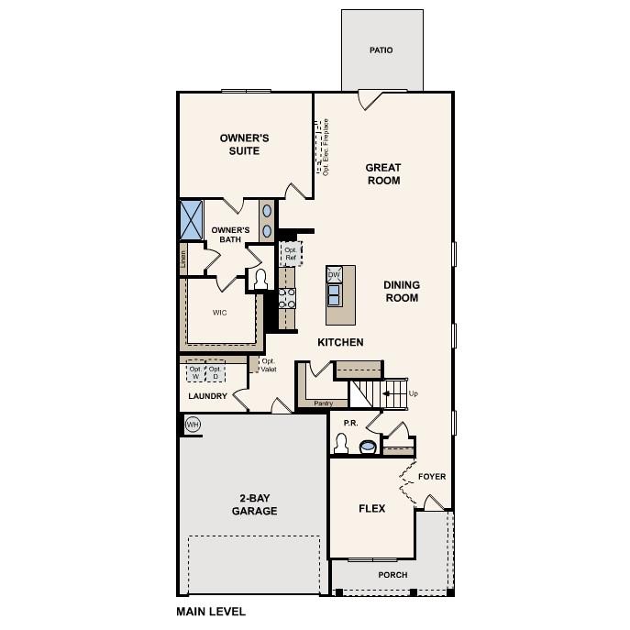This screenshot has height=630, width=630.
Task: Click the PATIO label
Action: (x=381, y=50)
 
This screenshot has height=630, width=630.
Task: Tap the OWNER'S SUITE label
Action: (x=245, y=144)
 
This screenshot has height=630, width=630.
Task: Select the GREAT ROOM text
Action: (x=383, y=173)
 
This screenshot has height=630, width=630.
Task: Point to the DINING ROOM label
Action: (x=401, y=292)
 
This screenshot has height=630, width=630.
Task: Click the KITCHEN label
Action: (x=340, y=342)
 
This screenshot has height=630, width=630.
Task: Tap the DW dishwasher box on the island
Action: (x=335, y=274)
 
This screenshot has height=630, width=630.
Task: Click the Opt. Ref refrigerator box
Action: (x=290, y=254)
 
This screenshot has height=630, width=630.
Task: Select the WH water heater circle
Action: (x=193, y=424)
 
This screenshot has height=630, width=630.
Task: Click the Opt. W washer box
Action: (x=195, y=372)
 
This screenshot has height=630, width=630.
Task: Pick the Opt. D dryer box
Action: (x=216, y=372)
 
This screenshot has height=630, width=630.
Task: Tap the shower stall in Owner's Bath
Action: (x=192, y=220)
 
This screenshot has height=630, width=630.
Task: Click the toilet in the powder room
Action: (x=340, y=444)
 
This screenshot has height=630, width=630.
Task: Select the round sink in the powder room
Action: (x=368, y=447)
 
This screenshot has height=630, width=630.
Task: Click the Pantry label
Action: (x=323, y=403)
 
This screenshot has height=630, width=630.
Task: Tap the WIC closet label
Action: (x=220, y=313)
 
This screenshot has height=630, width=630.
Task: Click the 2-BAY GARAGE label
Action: (x=254, y=504)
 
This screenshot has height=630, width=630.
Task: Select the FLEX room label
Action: (x=371, y=508)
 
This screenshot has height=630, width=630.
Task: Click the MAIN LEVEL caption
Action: (x=211, y=611)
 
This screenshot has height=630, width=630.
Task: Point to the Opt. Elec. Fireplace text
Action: (x=326, y=147)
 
